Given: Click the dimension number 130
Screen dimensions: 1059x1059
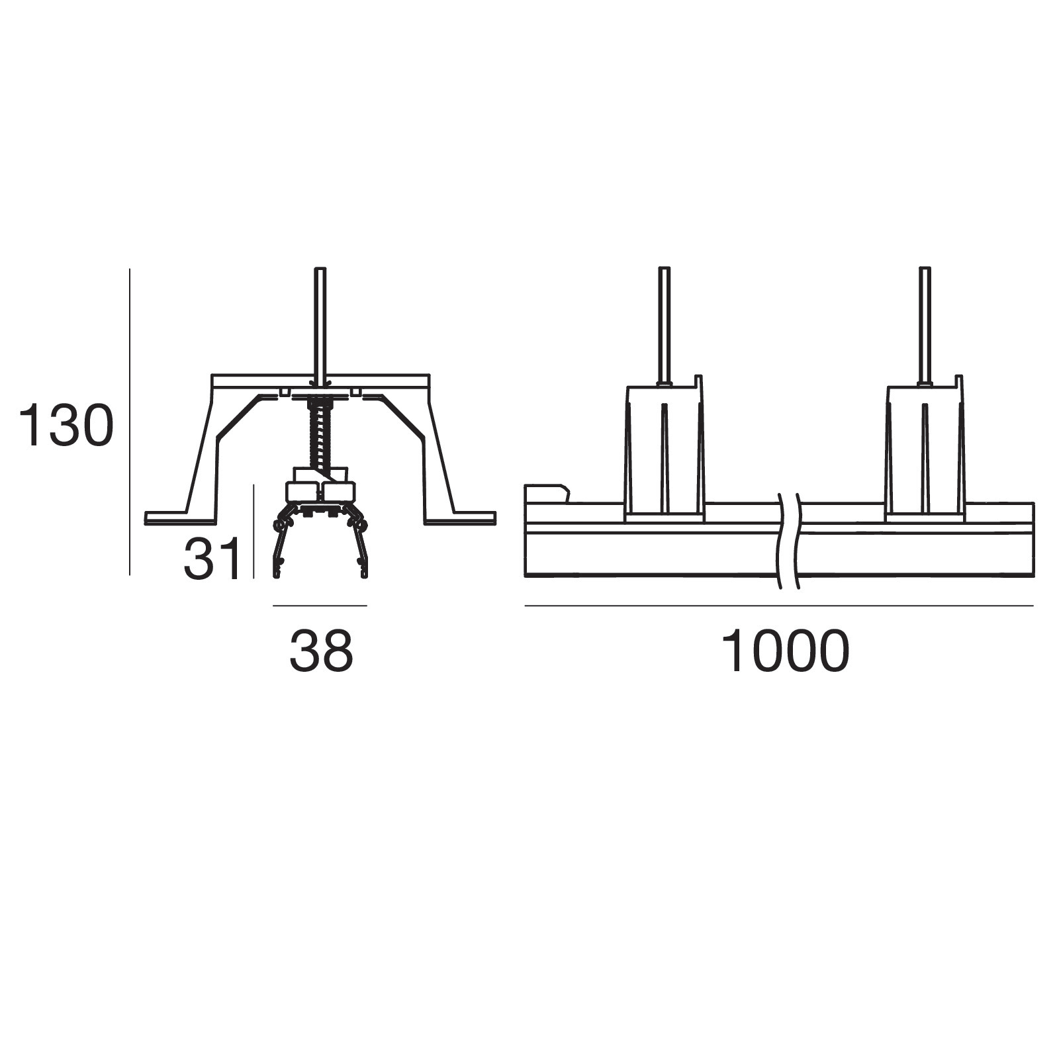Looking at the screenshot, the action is pyautogui.click(x=66, y=426).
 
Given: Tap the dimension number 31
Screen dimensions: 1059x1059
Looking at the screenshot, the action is pyautogui.click(x=212, y=559).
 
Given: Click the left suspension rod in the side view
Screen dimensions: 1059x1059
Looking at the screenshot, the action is pyautogui.click(x=664, y=325).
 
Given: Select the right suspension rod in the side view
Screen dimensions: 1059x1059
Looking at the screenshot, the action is pyautogui.click(x=925, y=325).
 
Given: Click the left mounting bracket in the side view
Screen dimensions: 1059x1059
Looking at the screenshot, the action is pyautogui.click(x=664, y=450).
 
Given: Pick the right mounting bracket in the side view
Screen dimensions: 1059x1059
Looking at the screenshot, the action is pyautogui.click(x=925, y=450).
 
